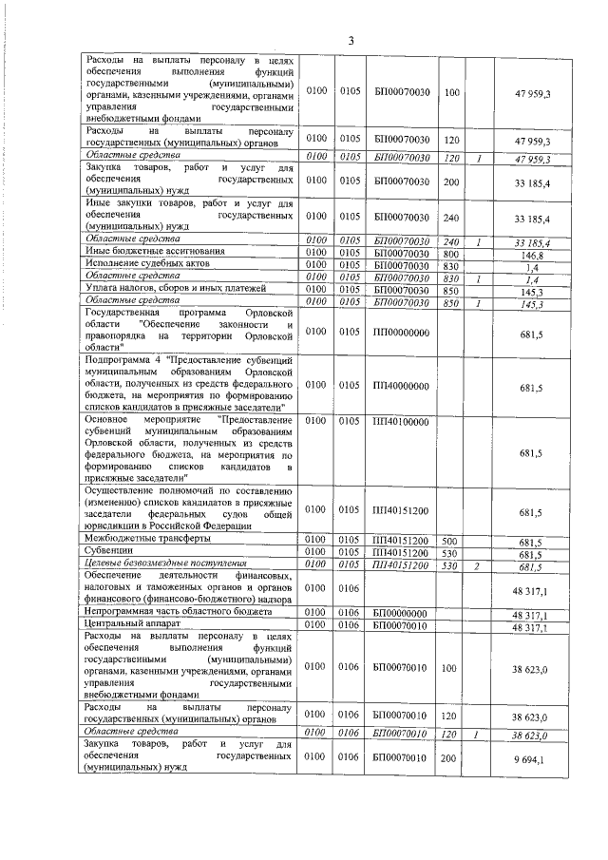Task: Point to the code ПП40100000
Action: (402, 421)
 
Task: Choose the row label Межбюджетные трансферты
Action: (143, 540)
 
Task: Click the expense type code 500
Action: (450, 541)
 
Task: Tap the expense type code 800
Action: (450, 254)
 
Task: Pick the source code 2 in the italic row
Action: (480, 566)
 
